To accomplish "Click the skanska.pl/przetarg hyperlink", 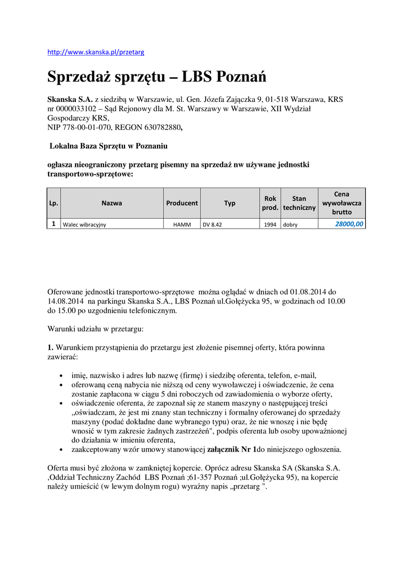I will click(x=95, y=52).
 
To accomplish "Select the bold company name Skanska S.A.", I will click(x=70, y=100).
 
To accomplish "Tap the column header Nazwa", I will click(x=111, y=203).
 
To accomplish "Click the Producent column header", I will click(x=182, y=203).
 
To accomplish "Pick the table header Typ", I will click(x=230, y=203).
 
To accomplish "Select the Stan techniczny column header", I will click(x=299, y=203).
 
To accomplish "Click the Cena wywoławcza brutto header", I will click(x=342, y=203).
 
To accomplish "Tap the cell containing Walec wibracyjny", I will click(x=84, y=225).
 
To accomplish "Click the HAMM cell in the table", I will click(x=181, y=225).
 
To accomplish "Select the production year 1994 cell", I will click(x=271, y=225).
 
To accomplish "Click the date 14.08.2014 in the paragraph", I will click(x=66, y=301).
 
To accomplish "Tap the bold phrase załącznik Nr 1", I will click(x=231, y=449).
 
